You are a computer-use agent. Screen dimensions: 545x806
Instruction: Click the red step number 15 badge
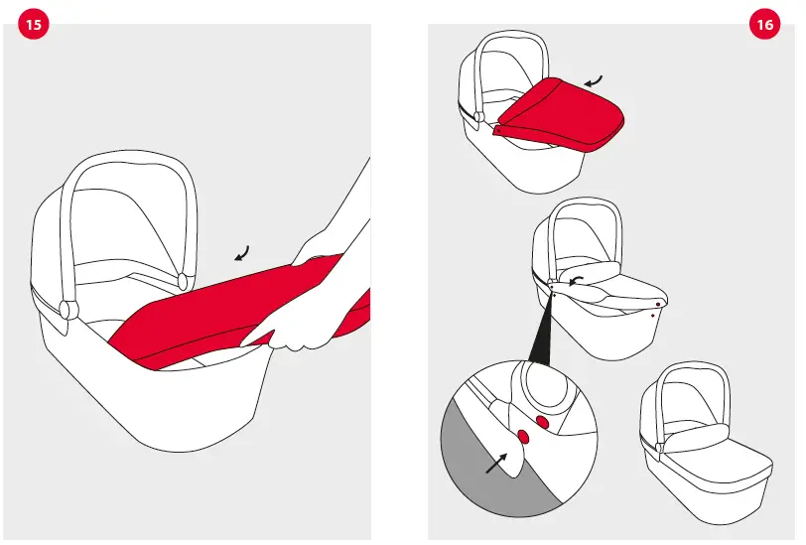tap(34, 26)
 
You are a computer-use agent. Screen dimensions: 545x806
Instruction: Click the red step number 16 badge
tap(764, 26)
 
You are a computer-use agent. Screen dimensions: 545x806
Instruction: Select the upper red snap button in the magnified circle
tap(542, 421)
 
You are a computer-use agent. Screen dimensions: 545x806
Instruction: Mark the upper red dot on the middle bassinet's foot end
tap(657, 305)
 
